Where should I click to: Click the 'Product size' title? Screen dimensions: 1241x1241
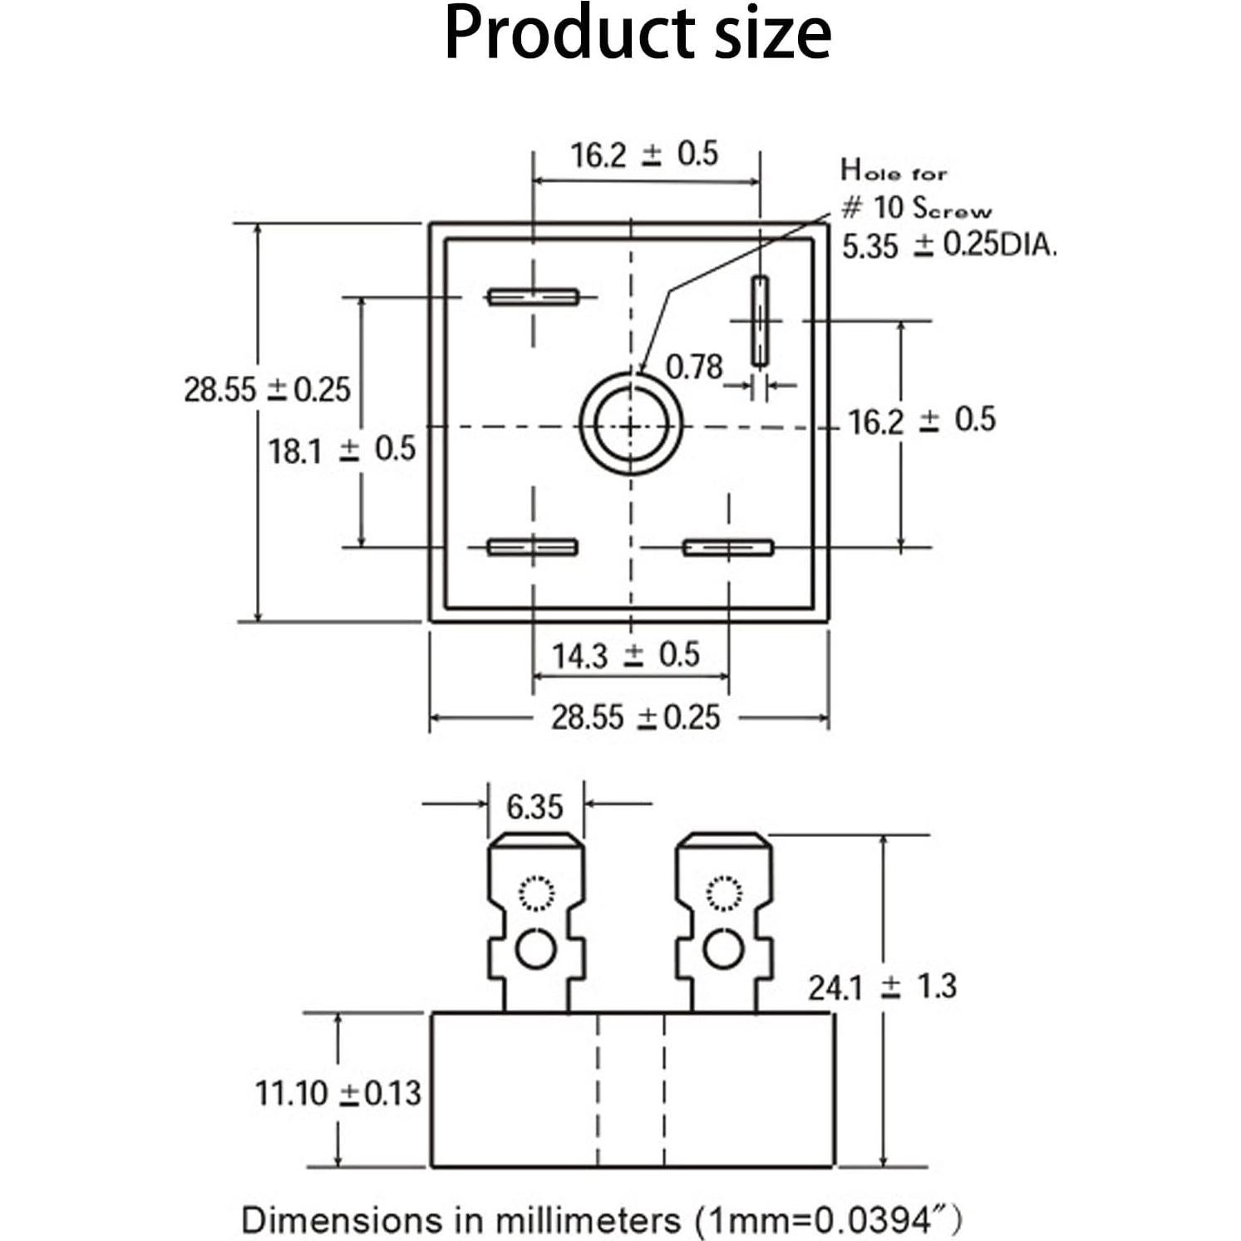pyautogui.click(x=638, y=34)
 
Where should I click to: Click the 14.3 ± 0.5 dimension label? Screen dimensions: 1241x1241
pyautogui.click(x=625, y=656)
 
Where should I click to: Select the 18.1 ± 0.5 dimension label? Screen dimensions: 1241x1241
pyautogui.click(x=341, y=451)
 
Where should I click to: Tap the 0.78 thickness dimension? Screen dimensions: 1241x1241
pyautogui.click(x=694, y=367)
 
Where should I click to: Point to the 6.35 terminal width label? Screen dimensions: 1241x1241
pyautogui.click(x=534, y=807)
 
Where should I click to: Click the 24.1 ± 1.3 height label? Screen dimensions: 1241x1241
pyautogui.click(x=882, y=987)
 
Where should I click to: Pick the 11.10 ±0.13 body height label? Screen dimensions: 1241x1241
pyautogui.click(x=337, y=1093)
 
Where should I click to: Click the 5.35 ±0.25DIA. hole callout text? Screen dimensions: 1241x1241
pyautogui.click(x=948, y=246)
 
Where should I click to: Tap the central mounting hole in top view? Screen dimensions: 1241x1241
pyautogui.click(x=631, y=426)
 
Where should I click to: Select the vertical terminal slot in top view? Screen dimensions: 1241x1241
pyautogui.click(x=760, y=321)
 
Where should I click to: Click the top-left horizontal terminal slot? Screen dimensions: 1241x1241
pyautogui.click(x=533, y=297)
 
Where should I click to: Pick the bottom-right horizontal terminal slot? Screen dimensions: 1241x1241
pyautogui.click(x=728, y=548)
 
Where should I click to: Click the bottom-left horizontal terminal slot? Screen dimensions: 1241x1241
pyautogui.click(x=532, y=547)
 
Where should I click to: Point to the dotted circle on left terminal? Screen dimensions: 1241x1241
pyautogui.click(x=536, y=894)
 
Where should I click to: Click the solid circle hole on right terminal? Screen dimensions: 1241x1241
pyautogui.click(x=723, y=948)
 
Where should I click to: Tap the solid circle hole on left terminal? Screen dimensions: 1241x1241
pyautogui.click(x=536, y=948)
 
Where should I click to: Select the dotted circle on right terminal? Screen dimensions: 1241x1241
pyautogui.click(x=723, y=894)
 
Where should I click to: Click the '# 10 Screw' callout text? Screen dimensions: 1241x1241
pyautogui.click(x=916, y=208)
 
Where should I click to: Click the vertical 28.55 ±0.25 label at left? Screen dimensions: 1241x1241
pyautogui.click(x=267, y=390)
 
